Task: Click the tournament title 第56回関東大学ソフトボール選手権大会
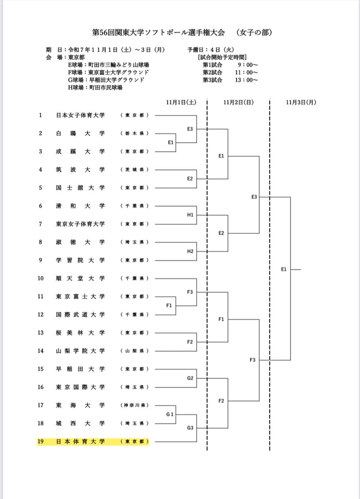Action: coord(158,32)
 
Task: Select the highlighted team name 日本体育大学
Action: coord(80,442)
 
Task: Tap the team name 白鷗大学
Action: coord(80,133)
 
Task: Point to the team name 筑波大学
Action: coord(80,170)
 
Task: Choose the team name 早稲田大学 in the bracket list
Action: coord(80,369)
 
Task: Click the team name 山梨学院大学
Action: coord(80,351)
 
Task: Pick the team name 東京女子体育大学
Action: coord(80,224)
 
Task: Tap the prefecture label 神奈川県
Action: coord(134,405)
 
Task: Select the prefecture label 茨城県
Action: coord(134,170)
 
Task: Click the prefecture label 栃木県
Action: coord(134,133)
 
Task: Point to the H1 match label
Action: coord(190,215)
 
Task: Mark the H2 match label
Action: coord(190,251)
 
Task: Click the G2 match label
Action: coord(190,378)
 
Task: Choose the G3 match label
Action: coord(190,428)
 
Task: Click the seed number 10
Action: coord(40,278)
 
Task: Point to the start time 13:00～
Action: coord(246,80)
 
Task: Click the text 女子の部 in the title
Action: coord(254,32)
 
